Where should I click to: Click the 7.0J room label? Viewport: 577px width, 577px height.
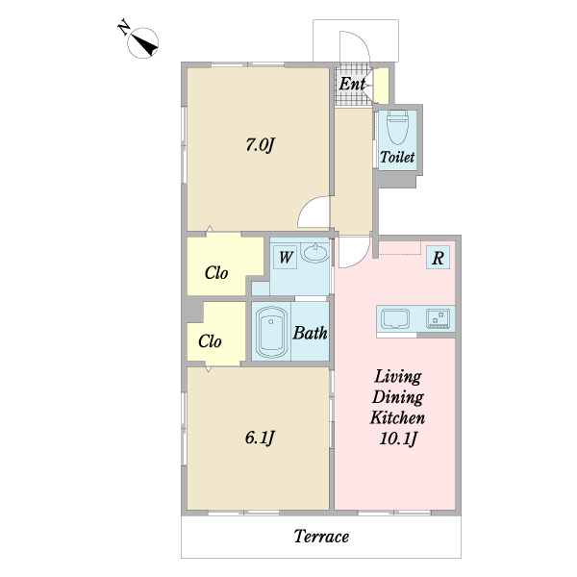(x=260, y=145)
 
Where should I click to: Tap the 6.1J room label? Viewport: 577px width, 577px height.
(x=260, y=438)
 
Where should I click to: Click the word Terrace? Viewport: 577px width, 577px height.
(x=321, y=537)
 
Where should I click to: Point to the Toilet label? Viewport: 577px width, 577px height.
(x=396, y=157)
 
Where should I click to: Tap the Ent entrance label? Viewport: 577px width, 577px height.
(x=352, y=85)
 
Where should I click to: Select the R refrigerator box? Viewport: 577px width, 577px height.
(x=438, y=258)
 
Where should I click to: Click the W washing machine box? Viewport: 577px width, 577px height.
(x=286, y=257)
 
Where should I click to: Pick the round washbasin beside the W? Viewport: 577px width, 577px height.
(x=314, y=255)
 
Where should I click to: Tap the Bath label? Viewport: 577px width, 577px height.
(x=310, y=334)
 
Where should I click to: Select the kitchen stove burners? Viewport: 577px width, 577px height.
(x=438, y=317)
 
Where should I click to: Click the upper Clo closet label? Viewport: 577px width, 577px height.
(x=216, y=273)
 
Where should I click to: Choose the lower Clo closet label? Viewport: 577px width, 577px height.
(x=210, y=341)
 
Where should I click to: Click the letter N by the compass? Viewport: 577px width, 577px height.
(x=125, y=29)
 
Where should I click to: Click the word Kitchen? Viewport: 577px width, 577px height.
(x=398, y=418)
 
